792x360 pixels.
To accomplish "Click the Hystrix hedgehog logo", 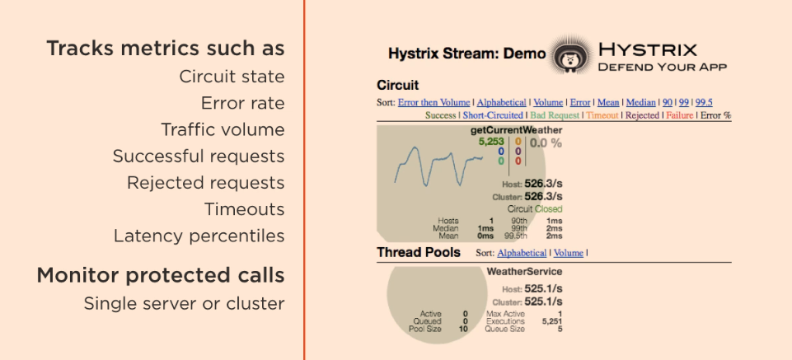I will click(x=569, y=55).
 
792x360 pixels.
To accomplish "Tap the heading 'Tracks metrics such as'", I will click(x=166, y=49).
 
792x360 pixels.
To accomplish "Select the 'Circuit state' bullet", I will click(x=232, y=77).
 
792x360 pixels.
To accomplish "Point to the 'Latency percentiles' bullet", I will click(x=199, y=236).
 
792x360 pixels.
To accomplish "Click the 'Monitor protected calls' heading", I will click(x=160, y=275).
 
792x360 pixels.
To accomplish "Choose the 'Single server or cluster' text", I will click(x=184, y=303).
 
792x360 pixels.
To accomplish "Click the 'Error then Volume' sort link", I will click(x=433, y=102).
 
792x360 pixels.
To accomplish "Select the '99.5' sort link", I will click(x=704, y=102).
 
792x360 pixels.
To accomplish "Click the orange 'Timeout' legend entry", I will click(x=602, y=115).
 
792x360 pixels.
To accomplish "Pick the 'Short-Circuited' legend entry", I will click(x=492, y=115).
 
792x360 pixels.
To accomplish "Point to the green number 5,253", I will click(x=491, y=142).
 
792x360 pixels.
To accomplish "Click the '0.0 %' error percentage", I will click(x=546, y=143).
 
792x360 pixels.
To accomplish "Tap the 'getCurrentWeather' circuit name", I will click(x=517, y=130).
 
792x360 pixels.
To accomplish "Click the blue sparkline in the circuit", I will click(x=437, y=165).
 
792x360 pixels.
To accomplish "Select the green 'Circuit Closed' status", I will click(x=535, y=209).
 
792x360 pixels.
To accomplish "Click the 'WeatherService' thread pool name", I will click(x=524, y=271).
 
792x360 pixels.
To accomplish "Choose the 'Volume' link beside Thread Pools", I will click(x=568, y=253).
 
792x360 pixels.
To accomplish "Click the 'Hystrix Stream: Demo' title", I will click(x=466, y=54).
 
